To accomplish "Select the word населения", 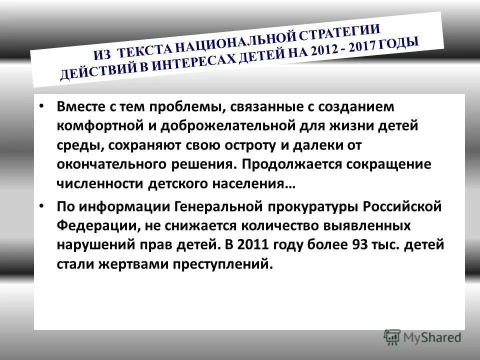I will point(256,183).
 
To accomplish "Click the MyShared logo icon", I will point(392,336).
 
